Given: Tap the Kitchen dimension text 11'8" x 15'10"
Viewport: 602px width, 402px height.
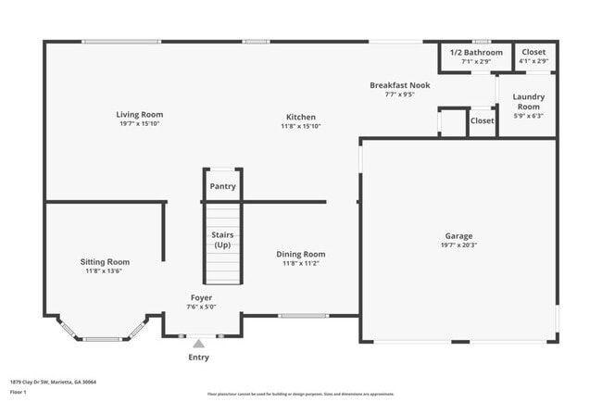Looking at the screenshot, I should [x=301, y=126].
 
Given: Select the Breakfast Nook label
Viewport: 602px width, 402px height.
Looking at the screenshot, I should [x=399, y=85].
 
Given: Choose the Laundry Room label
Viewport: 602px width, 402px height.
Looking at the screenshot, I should [x=529, y=101].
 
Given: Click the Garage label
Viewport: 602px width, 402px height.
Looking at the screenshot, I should [x=458, y=236].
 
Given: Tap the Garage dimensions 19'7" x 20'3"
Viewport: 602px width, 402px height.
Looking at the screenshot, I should [x=458, y=246].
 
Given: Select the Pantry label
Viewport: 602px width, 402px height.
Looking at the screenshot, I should [x=222, y=186].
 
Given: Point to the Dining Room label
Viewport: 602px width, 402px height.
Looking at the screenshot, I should [x=301, y=254].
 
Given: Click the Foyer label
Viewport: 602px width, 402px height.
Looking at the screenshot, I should [x=201, y=297].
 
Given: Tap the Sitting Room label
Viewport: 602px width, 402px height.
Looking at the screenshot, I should [x=104, y=262].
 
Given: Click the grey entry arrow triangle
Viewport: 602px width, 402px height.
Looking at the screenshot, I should [x=198, y=344].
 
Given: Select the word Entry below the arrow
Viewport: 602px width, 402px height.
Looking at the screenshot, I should [x=198, y=357].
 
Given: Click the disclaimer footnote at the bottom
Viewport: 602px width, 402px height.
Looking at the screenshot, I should [x=301, y=393].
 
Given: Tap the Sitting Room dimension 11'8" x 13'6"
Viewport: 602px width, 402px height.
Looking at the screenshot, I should [x=104, y=271].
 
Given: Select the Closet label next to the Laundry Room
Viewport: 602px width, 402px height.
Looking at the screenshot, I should [x=482, y=121].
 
